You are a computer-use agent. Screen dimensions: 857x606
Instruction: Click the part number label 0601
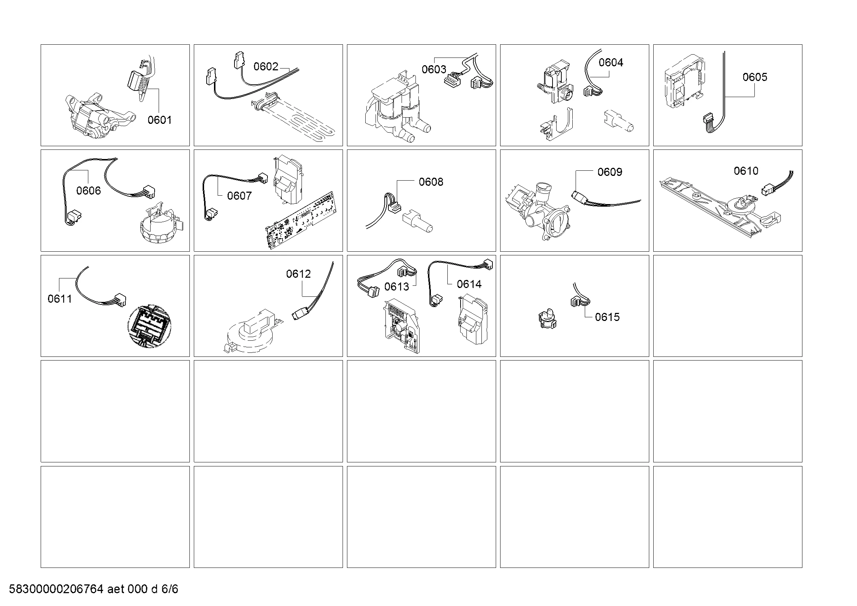[159, 120]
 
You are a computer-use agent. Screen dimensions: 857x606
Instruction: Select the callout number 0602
[266, 66]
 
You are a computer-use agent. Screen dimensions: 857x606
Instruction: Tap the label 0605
[755, 77]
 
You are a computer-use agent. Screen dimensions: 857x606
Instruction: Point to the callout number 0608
[431, 182]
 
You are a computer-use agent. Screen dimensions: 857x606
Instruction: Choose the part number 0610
[746, 171]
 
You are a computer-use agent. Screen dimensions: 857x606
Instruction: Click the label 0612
[298, 274]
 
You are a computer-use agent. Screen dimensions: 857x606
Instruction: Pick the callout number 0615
[607, 317]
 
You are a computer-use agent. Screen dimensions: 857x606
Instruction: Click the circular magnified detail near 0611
[149, 326]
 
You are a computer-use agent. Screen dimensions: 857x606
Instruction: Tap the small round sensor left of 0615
[547, 318]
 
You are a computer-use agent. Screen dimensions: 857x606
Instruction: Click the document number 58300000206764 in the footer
[56, 589]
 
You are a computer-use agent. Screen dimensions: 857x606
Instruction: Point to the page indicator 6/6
[170, 589]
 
